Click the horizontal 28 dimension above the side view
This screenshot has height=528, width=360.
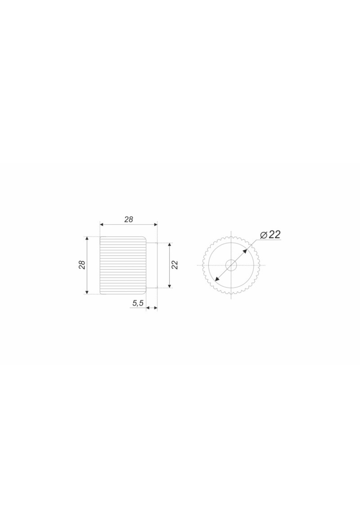coord(129,219)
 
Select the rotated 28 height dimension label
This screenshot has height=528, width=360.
coord(82,265)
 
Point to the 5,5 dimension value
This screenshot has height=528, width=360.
coord(138,304)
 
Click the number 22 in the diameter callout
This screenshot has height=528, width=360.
coord(274,235)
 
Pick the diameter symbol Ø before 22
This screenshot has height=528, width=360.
coord(264,235)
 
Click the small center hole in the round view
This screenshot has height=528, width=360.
coord(231,265)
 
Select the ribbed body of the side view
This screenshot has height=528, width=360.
coord(123,265)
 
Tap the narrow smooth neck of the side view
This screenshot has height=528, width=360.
coord(152,265)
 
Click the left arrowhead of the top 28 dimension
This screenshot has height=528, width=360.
coord(102,224)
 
